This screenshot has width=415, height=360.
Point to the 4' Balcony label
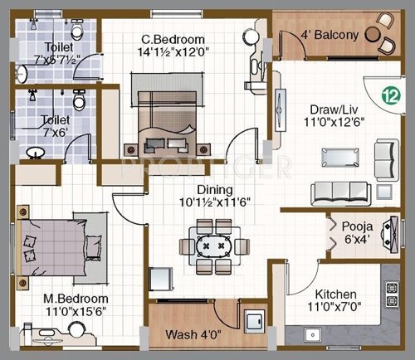(330, 35)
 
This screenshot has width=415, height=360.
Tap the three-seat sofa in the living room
(342, 192)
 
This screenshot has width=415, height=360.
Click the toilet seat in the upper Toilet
(77, 32)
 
